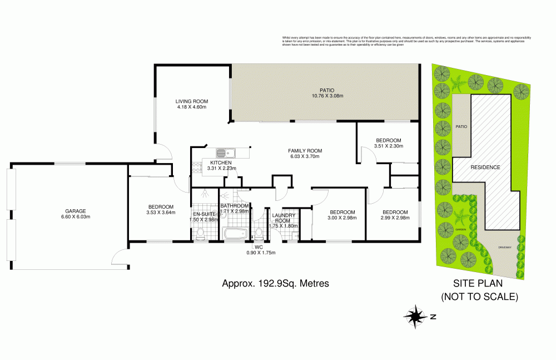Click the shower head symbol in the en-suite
click(206, 194)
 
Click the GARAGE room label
click(75, 211)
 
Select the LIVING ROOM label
click(192, 101)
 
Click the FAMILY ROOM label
click(305, 151)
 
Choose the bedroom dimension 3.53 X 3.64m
click(161, 212)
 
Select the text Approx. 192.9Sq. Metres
click(275, 283)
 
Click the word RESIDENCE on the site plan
click(485, 167)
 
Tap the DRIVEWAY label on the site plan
click(504, 246)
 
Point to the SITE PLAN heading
click(479, 284)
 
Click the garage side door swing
click(120, 257)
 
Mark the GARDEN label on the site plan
click(461, 228)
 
